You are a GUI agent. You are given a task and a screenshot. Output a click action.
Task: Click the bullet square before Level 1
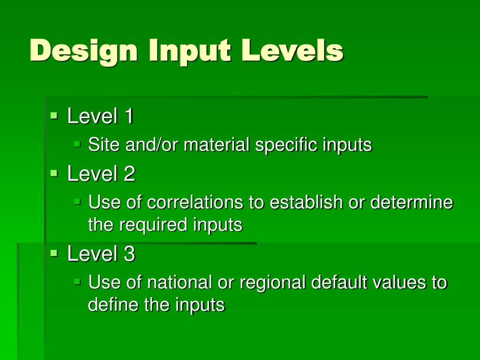(x=54, y=114)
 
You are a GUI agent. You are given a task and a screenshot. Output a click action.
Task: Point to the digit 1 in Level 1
(x=128, y=116)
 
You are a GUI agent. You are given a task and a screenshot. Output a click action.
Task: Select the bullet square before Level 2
(x=54, y=172)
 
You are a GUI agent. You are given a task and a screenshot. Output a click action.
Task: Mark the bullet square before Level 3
(x=54, y=253)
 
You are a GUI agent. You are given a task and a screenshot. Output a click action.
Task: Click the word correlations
(x=195, y=202)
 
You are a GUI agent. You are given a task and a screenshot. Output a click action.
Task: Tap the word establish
(x=300, y=202)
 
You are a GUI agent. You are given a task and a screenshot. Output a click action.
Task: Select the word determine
(x=412, y=202)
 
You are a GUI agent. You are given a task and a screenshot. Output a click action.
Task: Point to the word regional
(x=270, y=283)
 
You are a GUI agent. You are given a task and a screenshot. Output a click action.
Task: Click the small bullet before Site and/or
(x=78, y=143)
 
